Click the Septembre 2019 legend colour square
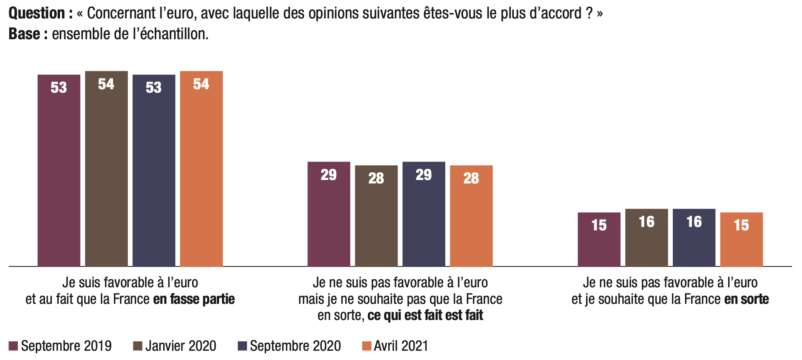tap(13, 346)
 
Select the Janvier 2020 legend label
tap(180, 346)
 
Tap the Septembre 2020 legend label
tap(295, 346)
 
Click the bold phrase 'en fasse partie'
tap(194, 299)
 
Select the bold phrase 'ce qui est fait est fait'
tap(425, 315)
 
